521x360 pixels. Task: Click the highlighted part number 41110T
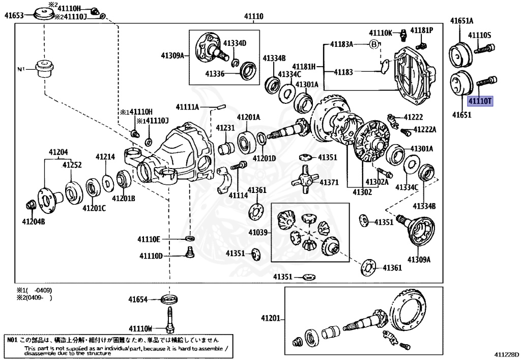pos(480,101)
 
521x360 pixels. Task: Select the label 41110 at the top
pos(253,17)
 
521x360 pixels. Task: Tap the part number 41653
pos(14,16)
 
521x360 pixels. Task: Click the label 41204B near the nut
pos(33,221)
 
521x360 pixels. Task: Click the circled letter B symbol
pos(374,44)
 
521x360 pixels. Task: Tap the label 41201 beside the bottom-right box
pos(271,318)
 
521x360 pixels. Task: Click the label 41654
pos(137,299)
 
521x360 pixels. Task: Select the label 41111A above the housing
pos(188,107)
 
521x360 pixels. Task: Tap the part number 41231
pos(225,128)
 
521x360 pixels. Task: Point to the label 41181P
pos(422,30)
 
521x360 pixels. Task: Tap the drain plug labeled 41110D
pos(189,252)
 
